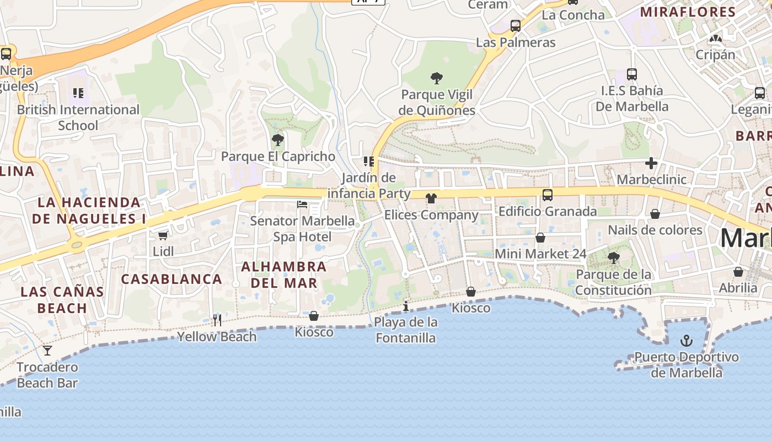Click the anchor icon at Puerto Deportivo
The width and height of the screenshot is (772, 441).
pyautogui.click(x=686, y=341)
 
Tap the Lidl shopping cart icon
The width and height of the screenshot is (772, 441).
pyautogui.click(x=163, y=236)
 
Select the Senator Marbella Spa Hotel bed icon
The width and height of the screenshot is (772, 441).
pyautogui.click(x=302, y=205)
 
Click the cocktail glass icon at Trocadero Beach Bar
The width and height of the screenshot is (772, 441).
pyautogui.click(x=47, y=350)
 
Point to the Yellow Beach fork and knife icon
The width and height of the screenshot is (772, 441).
pyautogui.click(x=217, y=320)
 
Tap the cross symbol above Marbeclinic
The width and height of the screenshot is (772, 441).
pyautogui.click(x=651, y=163)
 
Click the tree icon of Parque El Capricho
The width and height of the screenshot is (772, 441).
pyautogui.click(x=278, y=140)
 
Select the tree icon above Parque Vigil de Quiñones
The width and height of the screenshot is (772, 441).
pyautogui.click(x=437, y=78)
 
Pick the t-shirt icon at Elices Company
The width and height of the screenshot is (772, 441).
pyautogui.click(x=431, y=198)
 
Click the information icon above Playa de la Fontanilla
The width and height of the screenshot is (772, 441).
pyautogui.click(x=406, y=306)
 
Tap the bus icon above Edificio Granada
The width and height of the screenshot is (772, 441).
pyautogui.click(x=547, y=195)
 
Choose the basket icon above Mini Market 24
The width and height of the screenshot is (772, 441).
pyautogui.click(x=540, y=238)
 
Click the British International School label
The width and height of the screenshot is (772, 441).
pyautogui.click(x=78, y=117)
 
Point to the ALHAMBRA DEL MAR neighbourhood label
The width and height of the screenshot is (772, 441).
pyautogui.click(x=284, y=275)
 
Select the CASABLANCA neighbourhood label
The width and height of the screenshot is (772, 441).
pyautogui.click(x=171, y=279)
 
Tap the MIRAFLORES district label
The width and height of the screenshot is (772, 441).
pyautogui.click(x=688, y=12)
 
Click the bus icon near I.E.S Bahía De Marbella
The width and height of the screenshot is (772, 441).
pyautogui.click(x=632, y=74)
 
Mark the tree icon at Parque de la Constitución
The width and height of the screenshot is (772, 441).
pyautogui.click(x=613, y=257)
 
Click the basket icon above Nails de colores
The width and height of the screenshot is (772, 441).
pyautogui.click(x=655, y=214)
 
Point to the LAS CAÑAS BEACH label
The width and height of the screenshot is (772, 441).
pyautogui.click(x=62, y=299)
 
